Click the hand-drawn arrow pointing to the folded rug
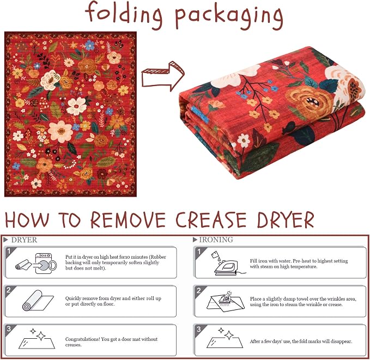[x=163, y=76]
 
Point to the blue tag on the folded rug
[x=200, y=114]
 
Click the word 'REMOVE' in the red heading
[x=128, y=220]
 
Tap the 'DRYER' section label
[x=24, y=240]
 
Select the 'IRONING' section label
[x=216, y=240]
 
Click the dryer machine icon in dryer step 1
[x=46, y=263]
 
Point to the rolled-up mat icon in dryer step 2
[x=38, y=301]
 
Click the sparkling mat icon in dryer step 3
[x=37, y=339]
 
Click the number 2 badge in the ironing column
[x=198, y=290]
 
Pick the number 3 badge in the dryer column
[x=9, y=328]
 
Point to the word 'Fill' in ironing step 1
[x=253, y=261]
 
